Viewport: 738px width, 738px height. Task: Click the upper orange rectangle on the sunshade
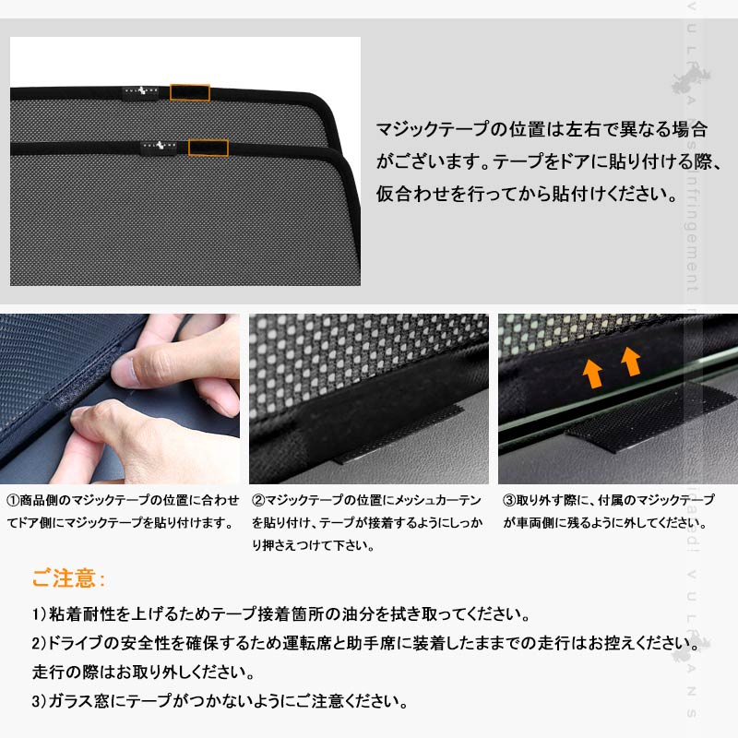coord(189,92)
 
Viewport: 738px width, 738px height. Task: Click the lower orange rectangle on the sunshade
coord(208,148)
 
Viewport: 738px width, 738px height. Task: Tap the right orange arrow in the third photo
coord(632,361)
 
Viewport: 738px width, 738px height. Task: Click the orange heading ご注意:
coord(69,579)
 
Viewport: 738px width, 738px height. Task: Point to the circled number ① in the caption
coord(13,500)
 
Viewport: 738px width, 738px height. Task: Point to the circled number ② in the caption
coord(259,500)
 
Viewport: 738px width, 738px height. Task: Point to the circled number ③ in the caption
coord(509,500)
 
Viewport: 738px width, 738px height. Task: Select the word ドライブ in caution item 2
coord(78,643)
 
